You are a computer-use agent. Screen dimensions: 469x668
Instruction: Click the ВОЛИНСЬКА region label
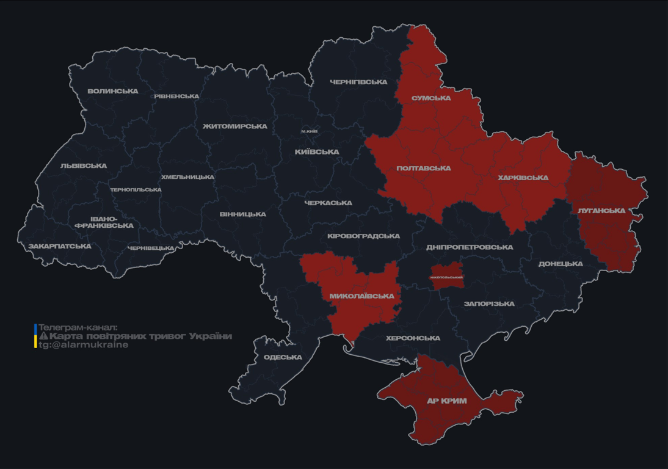pyautogui.click(x=112, y=92)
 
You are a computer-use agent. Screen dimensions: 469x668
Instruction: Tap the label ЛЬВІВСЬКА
pyautogui.click(x=84, y=166)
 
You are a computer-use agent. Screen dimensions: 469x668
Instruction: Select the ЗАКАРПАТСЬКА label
pyautogui.click(x=60, y=247)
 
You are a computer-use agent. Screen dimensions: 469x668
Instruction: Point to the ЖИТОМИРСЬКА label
pyautogui.click(x=235, y=126)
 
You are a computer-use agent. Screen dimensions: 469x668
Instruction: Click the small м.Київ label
pyautogui.click(x=309, y=131)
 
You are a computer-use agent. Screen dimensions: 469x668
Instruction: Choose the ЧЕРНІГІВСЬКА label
pyautogui.click(x=358, y=82)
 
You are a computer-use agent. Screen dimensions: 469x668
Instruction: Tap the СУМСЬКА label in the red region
pyautogui.click(x=431, y=98)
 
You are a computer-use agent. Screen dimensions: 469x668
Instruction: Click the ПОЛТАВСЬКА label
pyautogui.click(x=423, y=169)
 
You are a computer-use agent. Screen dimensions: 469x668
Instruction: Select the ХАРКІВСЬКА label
pyautogui.click(x=523, y=178)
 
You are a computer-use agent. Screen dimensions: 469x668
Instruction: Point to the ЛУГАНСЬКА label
pyautogui.click(x=601, y=211)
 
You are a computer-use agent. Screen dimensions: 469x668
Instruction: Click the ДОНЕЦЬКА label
pyautogui.click(x=561, y=264)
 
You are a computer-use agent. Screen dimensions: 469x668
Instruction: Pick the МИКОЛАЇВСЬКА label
pyautogui.click(x=361, y=296)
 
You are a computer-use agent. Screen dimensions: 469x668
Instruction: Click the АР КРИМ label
pyautogui.click(x=446, y=401)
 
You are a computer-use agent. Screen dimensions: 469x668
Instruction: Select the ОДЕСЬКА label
pyautogui.click(x=283, y=357)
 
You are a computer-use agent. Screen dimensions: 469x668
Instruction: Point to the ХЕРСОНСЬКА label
pyautogui.click(x=413, y=338)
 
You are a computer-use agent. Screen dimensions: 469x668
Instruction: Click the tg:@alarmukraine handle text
pyautogui.click(x=84, y=344)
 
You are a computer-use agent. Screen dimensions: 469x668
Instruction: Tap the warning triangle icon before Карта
pyautogui.click(x=43, y=336)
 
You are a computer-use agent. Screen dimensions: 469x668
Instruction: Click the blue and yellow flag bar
pyautogui.click(x=35, y=336)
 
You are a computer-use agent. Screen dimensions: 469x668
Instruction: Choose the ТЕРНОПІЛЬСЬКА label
pyautogui.click(x=136, y=190)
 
